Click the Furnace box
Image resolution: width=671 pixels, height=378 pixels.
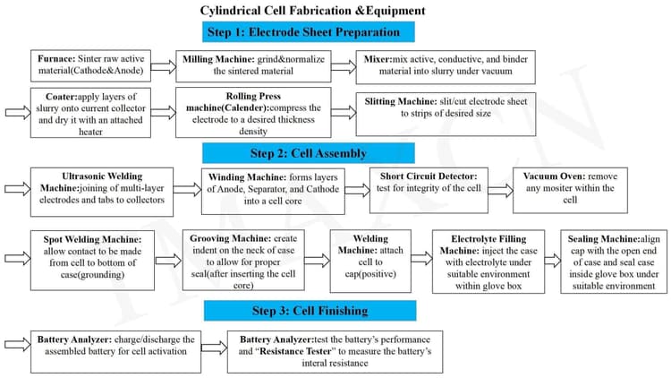pos(90,65)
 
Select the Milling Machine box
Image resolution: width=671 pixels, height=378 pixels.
pos(253,66)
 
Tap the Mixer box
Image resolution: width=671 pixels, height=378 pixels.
pos(446,67)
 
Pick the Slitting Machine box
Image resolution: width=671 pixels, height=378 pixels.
pos(446,114)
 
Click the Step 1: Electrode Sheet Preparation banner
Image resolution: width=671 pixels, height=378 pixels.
pos(309,32)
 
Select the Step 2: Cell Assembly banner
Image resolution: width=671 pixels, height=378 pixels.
pos(309,153)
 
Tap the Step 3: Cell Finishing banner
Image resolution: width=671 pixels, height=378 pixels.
pos(310,310)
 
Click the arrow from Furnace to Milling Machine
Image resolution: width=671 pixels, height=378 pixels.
pos(164,67)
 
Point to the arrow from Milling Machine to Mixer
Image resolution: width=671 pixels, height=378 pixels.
pos(344,67)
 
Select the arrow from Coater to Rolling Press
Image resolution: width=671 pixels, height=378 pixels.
pos(164,112)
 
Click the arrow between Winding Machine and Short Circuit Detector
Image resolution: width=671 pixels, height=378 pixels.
pos(357,190)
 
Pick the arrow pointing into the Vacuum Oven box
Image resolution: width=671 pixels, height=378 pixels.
pos(500,190)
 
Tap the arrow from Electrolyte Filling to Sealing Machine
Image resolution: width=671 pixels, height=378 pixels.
pos(553,260)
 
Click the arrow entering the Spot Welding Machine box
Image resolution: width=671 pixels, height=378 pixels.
pos(18,258)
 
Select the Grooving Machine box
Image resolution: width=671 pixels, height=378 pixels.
pos(243,260)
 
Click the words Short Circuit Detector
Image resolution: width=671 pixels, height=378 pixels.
pos(429,176)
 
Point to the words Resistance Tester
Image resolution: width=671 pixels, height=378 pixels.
pos(295,351)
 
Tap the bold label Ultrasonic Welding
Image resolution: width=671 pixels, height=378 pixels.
pos(102,176)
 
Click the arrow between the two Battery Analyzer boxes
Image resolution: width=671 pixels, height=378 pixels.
pos(214,348)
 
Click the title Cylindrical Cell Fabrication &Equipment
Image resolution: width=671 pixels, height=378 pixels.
pos(313,10)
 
